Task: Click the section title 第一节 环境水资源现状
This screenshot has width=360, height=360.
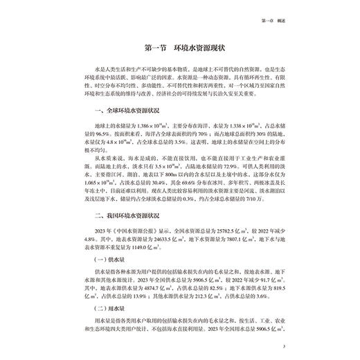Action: tap(180, 49)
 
